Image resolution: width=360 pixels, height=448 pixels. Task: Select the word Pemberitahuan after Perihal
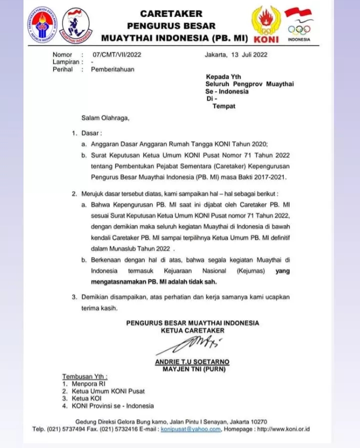[112, 69]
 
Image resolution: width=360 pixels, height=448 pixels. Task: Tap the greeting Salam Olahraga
[105, 118]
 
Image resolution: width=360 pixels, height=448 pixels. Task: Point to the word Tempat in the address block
[223, 106]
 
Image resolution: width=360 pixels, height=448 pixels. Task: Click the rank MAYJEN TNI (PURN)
[194, 369]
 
